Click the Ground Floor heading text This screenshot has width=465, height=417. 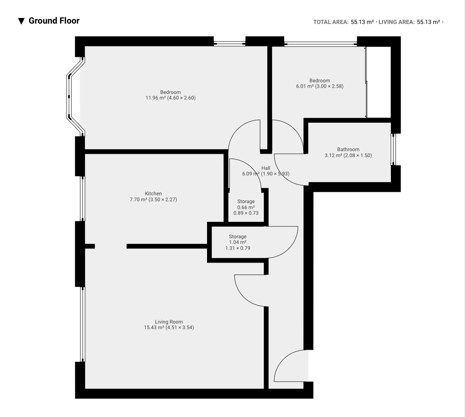pyautogui.click(x=54, y=21)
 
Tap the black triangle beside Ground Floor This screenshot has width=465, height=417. pyautogui.click(x=21, y=21)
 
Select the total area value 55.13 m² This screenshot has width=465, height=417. pyautogui.click(x=362, y=22)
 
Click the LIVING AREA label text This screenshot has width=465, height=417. pyautogui.click(x=396, y=22)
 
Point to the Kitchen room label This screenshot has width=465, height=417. pyautogui.click(x=154, y=193)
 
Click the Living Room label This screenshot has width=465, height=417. pyautogui.click(x=169, y=322)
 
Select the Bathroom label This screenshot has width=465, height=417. pyautogui.click(x=348, y=150)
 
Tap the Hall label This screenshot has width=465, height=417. pyautogui.click(x=266, y=168)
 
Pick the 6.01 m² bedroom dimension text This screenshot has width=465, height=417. pyautogui.click(x=320, y=86)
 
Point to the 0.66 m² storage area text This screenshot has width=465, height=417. pyautogui.click(x=246, y=208)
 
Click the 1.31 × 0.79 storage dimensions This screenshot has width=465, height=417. pyautogui.click(x=238, y=248)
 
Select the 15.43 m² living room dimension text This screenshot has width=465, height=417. pyautogui.click(x=169, y=328)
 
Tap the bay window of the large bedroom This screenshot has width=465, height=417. pyautogui.click(x=69, y=97)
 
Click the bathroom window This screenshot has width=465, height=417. pyautogui.click(x=393, y=150)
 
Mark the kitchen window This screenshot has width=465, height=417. pyautogui.click(x=82, y=199)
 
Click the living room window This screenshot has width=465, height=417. pyautogui.click(x=82, y=324)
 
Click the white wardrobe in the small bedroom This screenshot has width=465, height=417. pyautogui.click(x=379, y=82)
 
